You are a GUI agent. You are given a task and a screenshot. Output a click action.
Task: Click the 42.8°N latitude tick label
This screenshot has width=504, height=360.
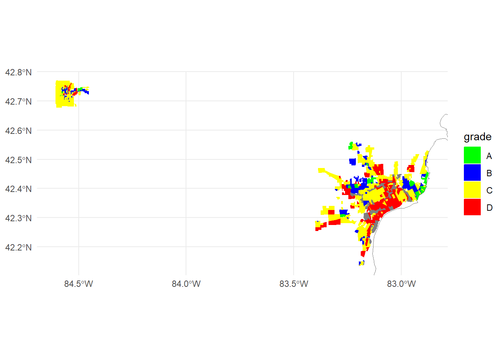(x=18, y=72)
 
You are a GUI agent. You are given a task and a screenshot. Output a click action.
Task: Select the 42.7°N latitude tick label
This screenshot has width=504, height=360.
(x=18, y=102)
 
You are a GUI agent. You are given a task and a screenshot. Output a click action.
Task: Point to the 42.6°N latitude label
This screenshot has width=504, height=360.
(x=18, y=131)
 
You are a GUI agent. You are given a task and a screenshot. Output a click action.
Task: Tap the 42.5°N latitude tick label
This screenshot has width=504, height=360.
(x=18, y=160)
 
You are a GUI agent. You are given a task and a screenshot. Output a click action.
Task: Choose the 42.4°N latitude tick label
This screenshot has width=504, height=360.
(x=18, y=189)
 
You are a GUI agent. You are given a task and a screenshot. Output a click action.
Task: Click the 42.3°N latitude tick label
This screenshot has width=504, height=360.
(x=18, y=218)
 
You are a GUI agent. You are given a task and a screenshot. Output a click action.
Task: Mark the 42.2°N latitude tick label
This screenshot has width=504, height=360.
(x=18, y=247)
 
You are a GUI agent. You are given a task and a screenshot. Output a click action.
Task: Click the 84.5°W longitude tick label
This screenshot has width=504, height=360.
(x=78, y=284)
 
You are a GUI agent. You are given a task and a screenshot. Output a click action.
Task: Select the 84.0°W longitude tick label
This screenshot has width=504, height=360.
(x=186, y=284)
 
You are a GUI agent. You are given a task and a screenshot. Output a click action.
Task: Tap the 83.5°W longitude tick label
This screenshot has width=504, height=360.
(x=294, y=284)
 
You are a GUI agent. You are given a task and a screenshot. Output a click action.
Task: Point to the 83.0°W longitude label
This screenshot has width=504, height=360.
(x=401, y=284)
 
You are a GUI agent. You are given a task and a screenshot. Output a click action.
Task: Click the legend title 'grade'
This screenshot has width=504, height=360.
(x=477, y=137)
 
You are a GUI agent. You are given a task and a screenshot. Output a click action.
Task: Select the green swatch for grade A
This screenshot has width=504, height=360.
(x=472, y=155)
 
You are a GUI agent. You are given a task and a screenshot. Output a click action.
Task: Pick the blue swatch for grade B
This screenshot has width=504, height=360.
(x=472, y=172)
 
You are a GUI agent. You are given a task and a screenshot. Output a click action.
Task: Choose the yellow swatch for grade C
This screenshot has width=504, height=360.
(x=472, y=190)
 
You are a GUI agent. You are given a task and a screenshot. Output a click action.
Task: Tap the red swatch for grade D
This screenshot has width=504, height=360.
(x=472, y=207)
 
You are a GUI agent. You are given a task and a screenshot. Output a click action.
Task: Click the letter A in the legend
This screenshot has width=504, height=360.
(x=489, y=156)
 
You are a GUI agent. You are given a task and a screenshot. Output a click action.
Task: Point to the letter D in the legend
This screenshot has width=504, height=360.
(x=489, y=208)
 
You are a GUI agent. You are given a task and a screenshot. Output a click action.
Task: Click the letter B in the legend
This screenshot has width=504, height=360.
(x=489, y=173)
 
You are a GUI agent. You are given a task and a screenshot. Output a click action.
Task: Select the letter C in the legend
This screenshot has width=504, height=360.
(x=489, y=190)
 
